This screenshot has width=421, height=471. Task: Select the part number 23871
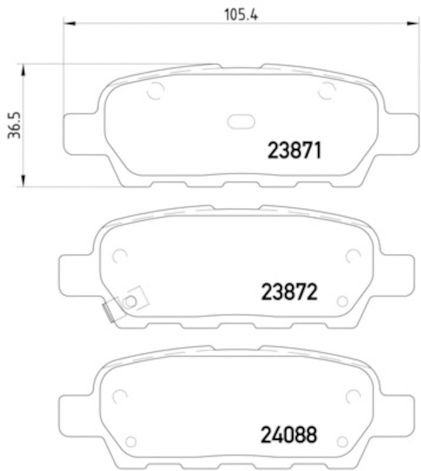click(x=295, y=151)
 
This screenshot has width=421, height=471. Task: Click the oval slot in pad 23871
click(x=241, y=121)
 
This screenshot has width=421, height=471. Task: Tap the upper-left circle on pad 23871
click(x=155, y=91)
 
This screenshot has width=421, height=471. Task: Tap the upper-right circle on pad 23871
click(x=326, y=91)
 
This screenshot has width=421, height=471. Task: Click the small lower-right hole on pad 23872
click(x=342, y=301)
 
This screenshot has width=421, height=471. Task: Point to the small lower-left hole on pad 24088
click(x=131, y=440)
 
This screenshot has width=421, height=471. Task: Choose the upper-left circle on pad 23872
click(x=119, y=256)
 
